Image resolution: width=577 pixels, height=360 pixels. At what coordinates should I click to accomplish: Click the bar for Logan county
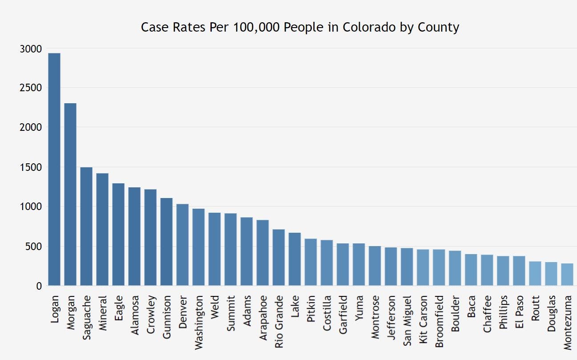(x=54, y=169)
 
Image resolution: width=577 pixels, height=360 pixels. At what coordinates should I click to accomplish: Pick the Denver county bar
(x=182, y=245)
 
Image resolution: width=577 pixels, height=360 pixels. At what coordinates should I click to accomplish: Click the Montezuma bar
(x=567, y=274)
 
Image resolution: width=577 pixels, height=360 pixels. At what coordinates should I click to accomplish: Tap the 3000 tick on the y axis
(x=31, y=49)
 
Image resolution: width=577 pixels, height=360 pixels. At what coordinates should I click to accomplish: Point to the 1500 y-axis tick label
(x=31, y=167)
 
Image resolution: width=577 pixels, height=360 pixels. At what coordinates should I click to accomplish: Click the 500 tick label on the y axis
(x=34, y=247)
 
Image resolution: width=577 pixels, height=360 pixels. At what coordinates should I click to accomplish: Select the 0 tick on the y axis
(x=39, y=286)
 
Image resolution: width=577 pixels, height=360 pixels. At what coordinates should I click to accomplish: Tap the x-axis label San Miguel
(x=407, y=319)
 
